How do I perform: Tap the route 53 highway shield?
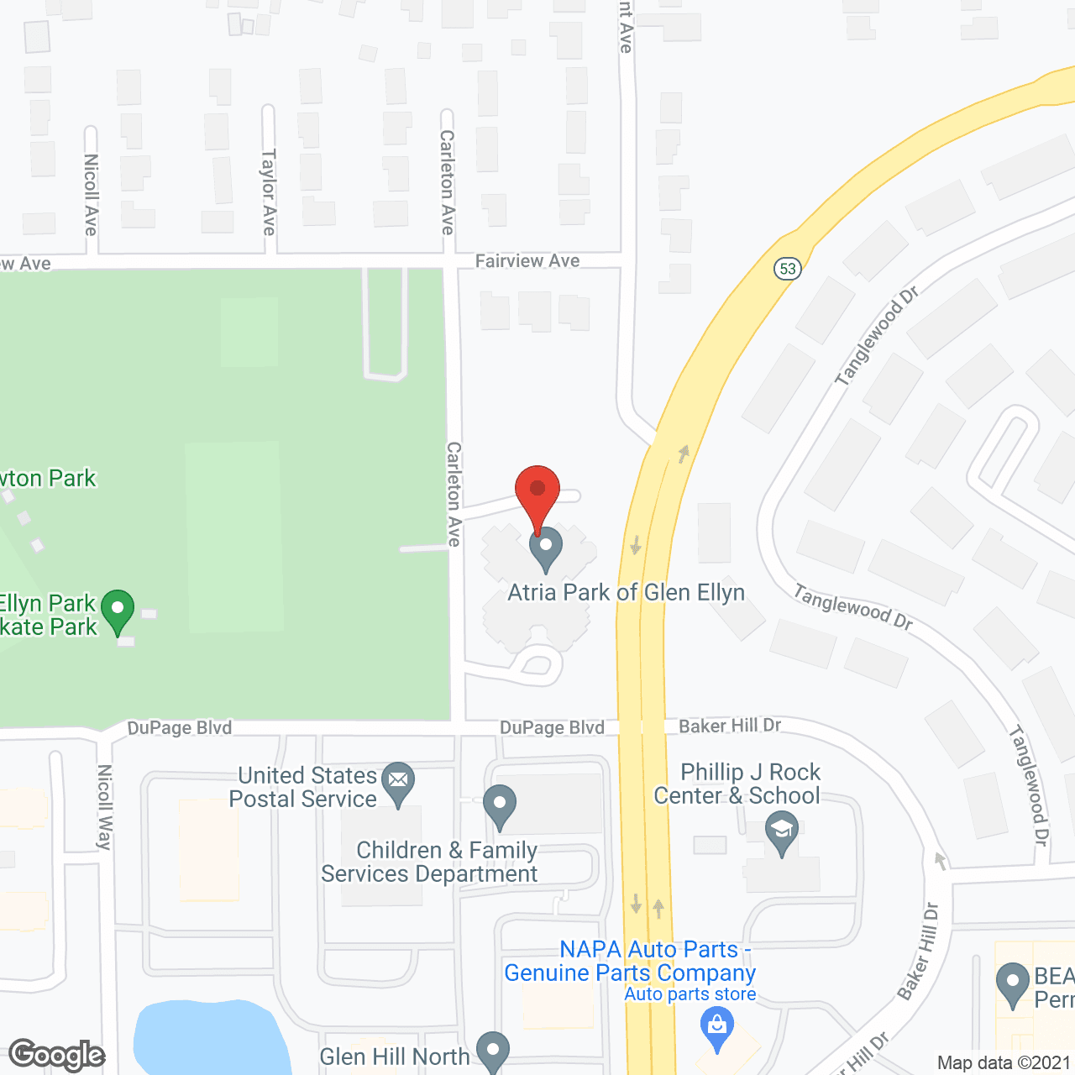click(788, 269)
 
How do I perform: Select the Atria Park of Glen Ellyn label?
click(626, 593)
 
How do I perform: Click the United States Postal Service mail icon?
click(398, 782)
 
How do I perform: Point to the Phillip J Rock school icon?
click(782, 831)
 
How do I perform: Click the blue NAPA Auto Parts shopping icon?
click(716, 1026)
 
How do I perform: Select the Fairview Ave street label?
click(527, 261)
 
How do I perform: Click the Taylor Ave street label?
click(269, 192)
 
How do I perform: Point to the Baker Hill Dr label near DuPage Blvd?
click(730, 726)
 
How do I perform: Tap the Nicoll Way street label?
click(105, 807)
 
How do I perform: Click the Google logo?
click(57, 1055)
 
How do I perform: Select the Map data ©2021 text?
click(1004, 1063)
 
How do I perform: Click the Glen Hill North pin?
click(493, 1051)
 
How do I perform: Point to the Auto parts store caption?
click(690, 994)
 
